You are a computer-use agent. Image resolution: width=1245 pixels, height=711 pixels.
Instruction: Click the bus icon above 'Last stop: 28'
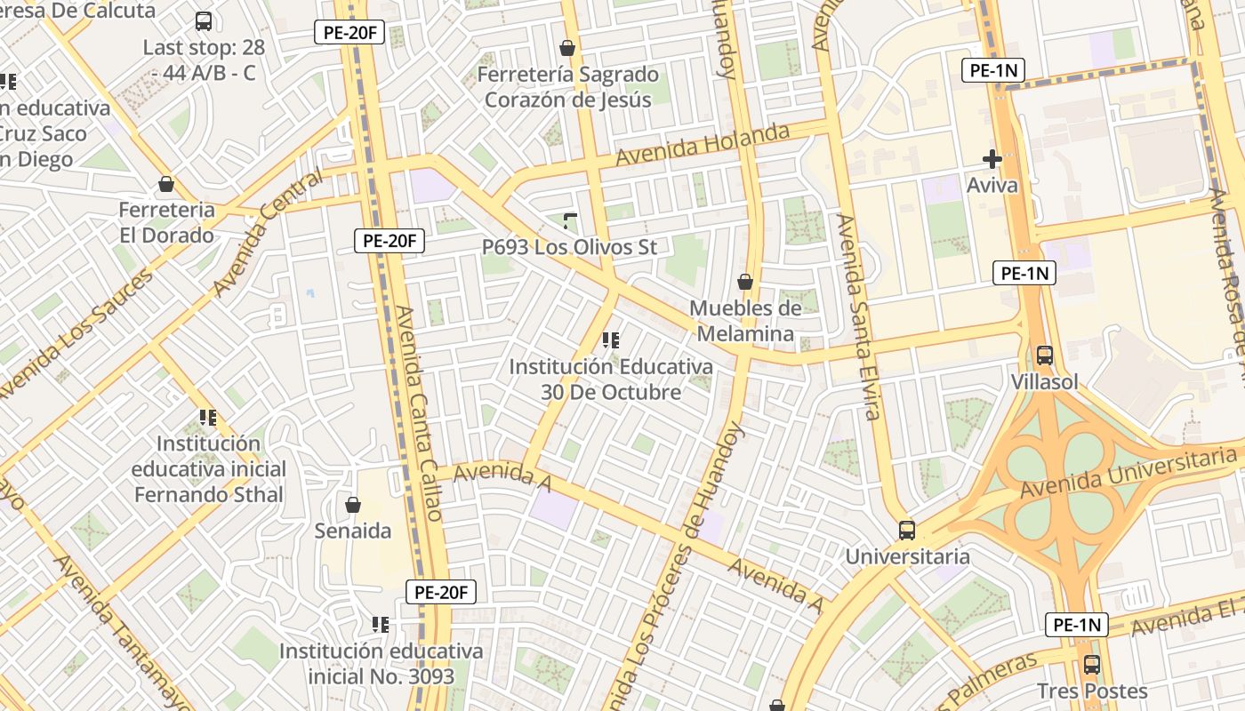(204, 21)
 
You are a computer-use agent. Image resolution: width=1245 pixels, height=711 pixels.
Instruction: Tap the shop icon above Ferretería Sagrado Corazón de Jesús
(567, 48)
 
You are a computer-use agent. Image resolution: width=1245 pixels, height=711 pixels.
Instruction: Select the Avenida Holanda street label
(703, 145)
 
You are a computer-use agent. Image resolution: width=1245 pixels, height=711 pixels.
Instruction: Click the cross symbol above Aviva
(992, 159)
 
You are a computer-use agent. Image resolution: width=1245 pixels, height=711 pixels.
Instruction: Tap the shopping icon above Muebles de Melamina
(745, 283)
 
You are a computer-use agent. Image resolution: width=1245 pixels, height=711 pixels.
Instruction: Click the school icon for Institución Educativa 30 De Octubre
(610, 340)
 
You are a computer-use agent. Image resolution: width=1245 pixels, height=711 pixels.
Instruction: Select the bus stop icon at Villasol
(1045, 355)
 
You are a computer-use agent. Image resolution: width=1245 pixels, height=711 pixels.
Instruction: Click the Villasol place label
(1045, 382)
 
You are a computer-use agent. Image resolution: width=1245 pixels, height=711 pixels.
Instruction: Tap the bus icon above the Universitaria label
(907, 531)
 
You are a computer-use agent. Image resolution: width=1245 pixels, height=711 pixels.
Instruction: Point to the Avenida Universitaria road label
(1129, 474)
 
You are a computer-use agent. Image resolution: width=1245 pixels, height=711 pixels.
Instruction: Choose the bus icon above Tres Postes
(1092, 664)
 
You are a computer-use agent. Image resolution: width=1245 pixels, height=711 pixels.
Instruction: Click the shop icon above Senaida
(353, 505)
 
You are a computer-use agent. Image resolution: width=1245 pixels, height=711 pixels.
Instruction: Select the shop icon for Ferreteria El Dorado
(166, 185)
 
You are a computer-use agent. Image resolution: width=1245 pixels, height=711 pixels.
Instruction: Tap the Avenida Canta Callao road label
(418, 413)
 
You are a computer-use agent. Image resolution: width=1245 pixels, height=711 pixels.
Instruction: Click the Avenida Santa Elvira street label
(859, 316)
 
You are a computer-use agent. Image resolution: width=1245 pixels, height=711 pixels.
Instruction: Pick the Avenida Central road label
(268, 233)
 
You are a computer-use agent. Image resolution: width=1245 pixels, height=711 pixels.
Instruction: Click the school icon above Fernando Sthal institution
(208, 417)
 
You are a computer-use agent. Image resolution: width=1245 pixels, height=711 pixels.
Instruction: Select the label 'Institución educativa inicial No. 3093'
(382, 664)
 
